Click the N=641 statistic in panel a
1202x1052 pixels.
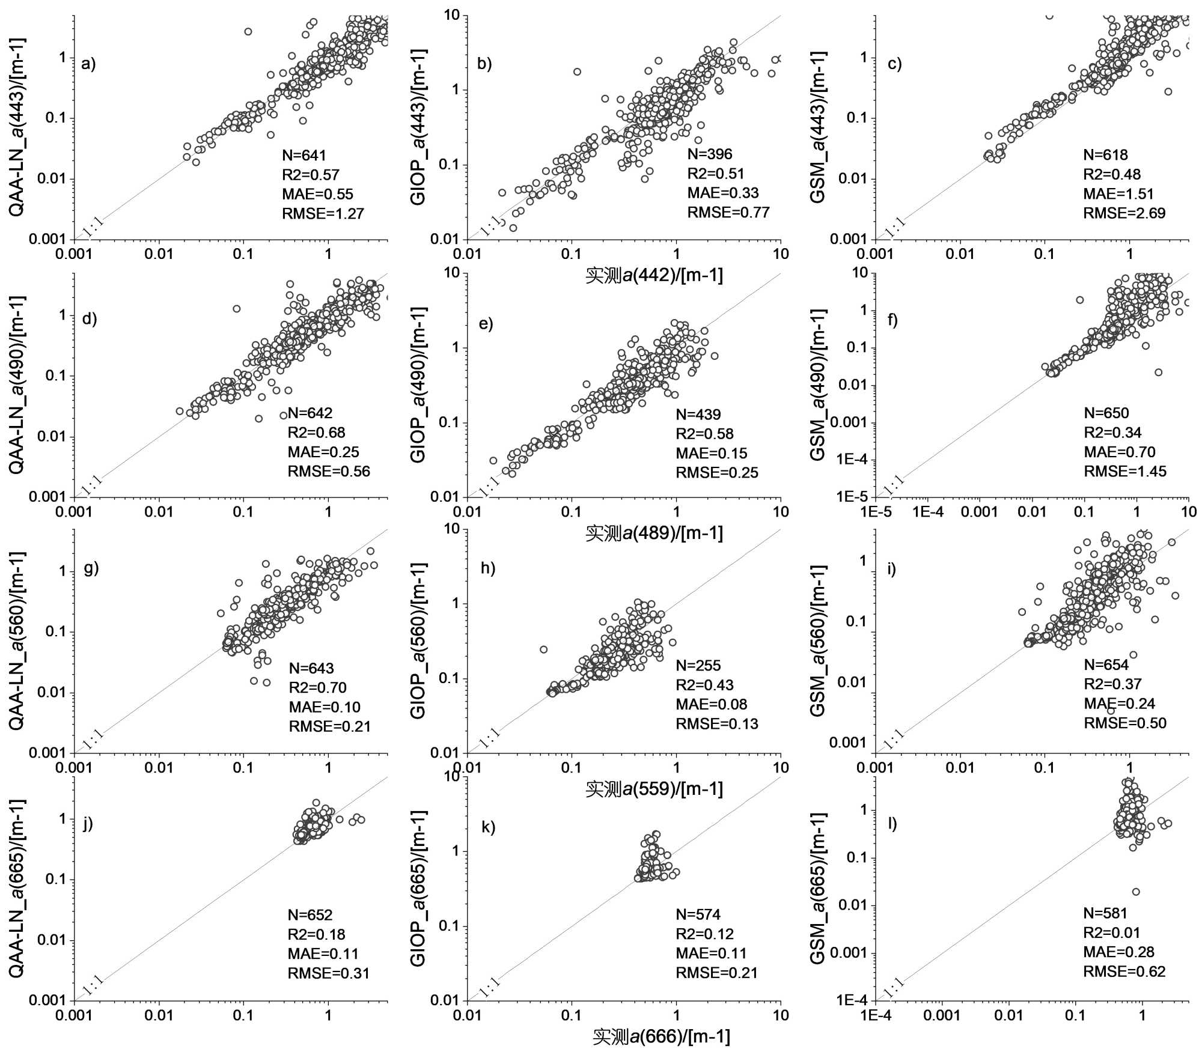[x=304, y=156]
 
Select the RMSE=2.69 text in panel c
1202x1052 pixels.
[x=1124, y=213]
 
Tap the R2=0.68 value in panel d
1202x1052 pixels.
[x=316, y=433]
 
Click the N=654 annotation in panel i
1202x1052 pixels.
[x=1106, y=664]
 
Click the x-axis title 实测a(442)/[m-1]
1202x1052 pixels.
[x=654, y=276]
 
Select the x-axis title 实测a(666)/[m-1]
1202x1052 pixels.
[x=661, y=1036]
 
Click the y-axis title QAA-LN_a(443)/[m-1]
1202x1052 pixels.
[x=17, y=127]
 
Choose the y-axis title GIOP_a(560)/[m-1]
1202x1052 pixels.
[x=418, y=640]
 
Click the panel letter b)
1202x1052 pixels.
[x=484, y=64]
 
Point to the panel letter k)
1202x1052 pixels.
[x=488, y=827]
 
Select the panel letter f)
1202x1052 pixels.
[x=892, y=320]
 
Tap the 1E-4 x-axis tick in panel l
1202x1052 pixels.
[x=876, y=1015]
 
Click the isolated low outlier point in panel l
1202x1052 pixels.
[x=1135, y=892]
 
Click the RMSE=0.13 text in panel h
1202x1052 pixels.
[x=716, y=724]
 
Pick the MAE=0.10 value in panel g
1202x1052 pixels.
[x=324, y=707]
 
